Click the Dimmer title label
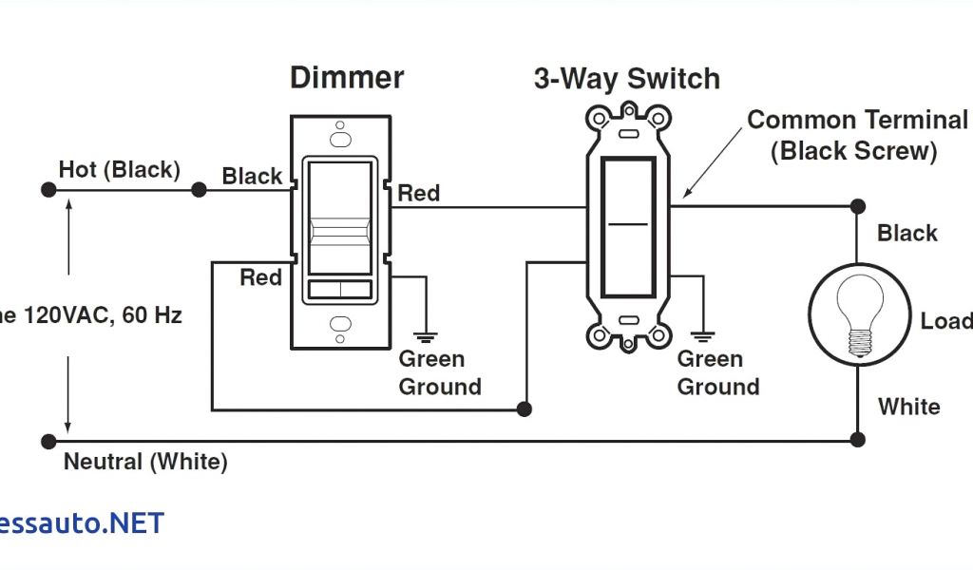coord(347,78)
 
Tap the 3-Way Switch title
coord(626,79)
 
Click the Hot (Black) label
coord(119,170)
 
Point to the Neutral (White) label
coord(145,463)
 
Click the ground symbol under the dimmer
coord(425,333)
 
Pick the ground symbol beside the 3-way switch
coord(703,334)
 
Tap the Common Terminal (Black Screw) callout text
coord(856,135)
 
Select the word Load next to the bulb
coord(945,321)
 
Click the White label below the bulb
coord(909,407)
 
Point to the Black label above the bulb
coord(907,234)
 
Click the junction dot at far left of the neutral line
coord(48,441)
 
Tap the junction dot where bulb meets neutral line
coord(857,439)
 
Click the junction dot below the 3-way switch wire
coord(524,409)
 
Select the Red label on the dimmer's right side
coord(418,194)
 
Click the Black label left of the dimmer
coord(252,177)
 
